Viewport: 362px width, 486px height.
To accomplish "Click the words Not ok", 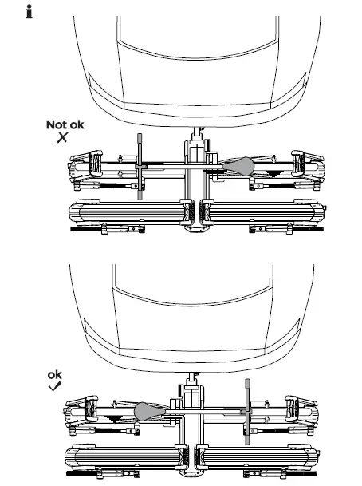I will [x=63, y=125].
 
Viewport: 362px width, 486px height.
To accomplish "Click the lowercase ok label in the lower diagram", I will [x=54, y=374].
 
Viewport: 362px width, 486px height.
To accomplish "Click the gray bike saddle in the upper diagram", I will [x=240, y=165].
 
